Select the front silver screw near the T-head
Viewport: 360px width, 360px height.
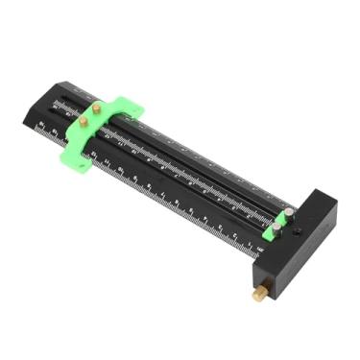click(277, 225)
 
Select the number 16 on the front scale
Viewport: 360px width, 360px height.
click(43, 128)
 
